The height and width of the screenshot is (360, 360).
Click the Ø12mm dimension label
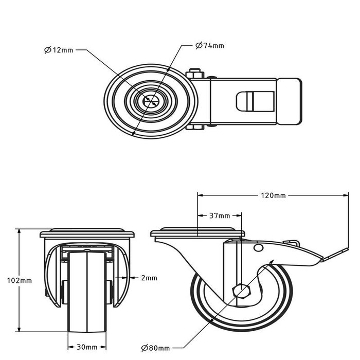59,50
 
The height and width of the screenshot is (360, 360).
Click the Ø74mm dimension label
209,46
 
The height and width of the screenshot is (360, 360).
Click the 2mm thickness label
149,278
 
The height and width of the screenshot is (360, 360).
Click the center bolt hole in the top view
151,101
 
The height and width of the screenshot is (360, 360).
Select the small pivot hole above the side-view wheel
258,249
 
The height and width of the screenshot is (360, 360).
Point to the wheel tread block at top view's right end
289,101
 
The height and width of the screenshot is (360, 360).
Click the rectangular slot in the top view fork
247,101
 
